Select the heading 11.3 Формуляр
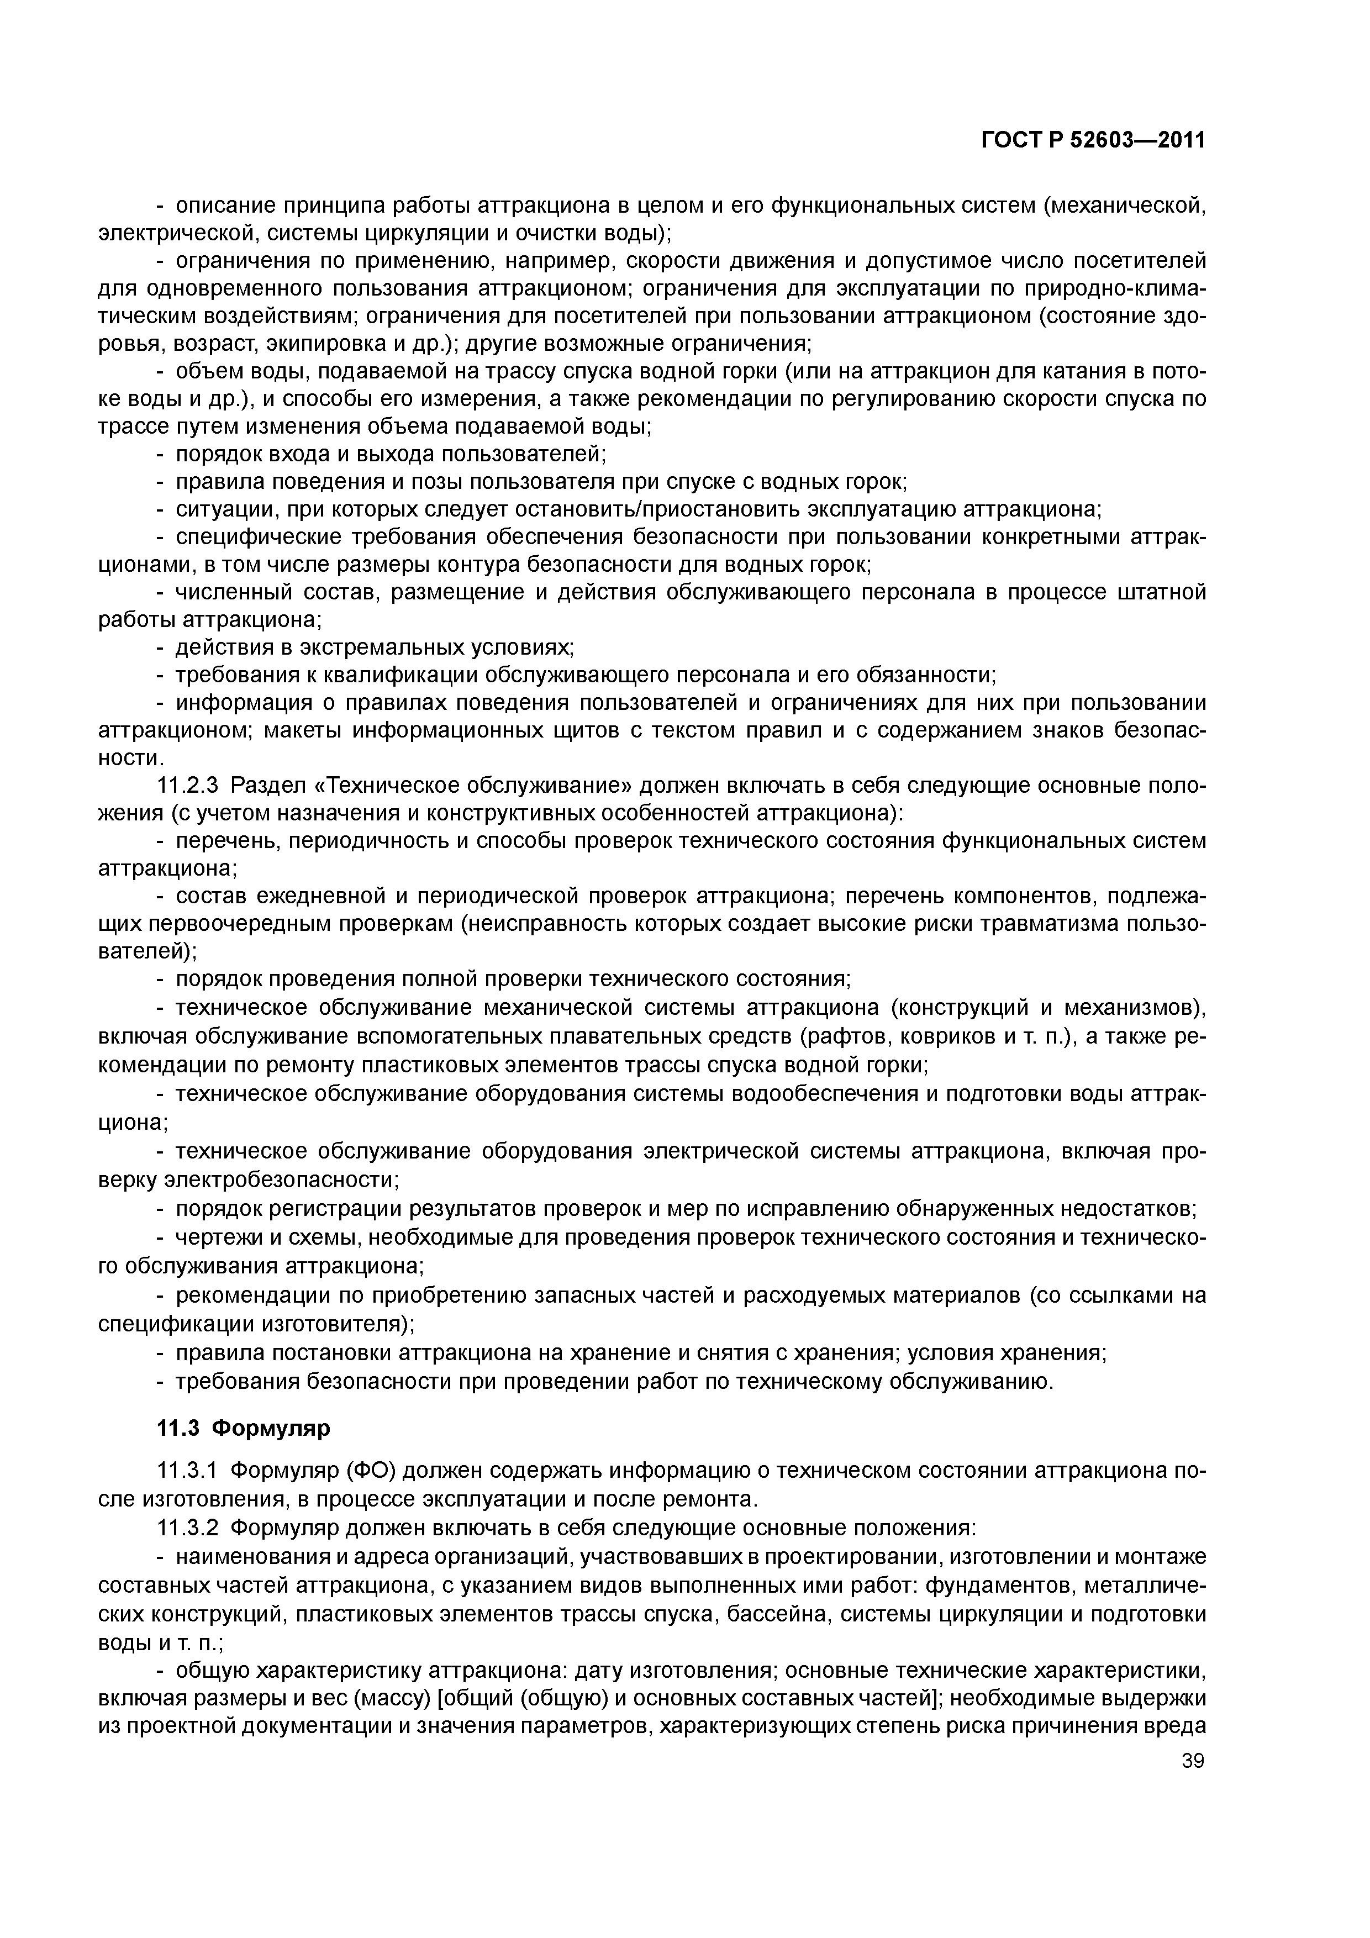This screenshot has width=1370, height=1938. click(244, 1428)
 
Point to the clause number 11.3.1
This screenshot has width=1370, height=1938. click(188, 1471)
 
